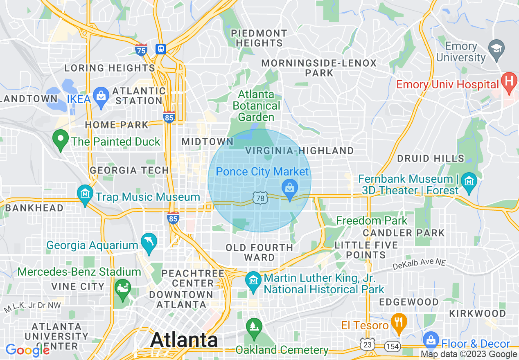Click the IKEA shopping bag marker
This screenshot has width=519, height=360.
[x=101, y=96]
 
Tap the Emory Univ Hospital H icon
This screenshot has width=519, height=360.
[x=509, y=81]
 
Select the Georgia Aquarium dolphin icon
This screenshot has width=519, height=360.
[x=149, y=242]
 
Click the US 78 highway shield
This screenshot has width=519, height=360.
[x=260, y=198]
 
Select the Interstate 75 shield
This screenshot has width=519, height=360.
[x=141, y=50]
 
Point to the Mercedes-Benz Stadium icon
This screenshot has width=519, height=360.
[x=122, y=288]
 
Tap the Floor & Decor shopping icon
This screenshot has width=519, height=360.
[x=431, y=340]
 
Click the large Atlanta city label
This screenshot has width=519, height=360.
[x=184, y=340]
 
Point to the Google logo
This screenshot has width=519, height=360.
[x=27, y=350]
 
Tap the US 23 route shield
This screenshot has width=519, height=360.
[x=368, y=345]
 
